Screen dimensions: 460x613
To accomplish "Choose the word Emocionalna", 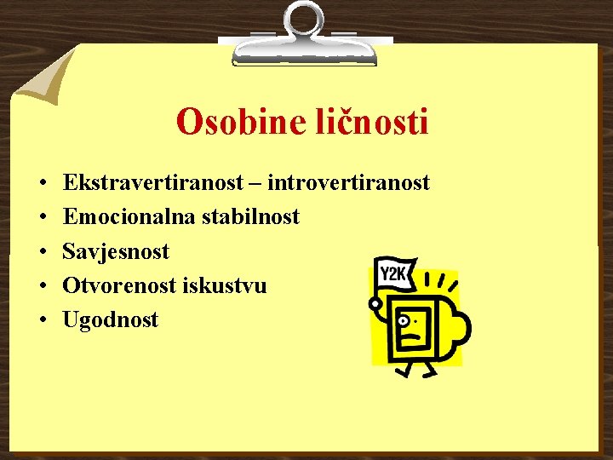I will click(x=129, y=217).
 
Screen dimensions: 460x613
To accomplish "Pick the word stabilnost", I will click(x=251, y=217).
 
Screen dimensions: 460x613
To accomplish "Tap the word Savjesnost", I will click(x=116, y=251).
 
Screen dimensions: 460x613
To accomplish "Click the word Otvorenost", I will click(x=120, y=285).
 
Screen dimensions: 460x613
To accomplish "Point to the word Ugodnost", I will click(x=111, y=320).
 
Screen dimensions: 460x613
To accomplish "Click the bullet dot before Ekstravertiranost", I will click(x=41, y=184).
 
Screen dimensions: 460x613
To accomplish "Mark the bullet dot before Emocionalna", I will click(x=41, y=218).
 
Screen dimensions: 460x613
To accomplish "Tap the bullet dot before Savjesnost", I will click(x=41, y=252).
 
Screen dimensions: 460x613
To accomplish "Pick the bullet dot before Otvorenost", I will click(x=41, y=286).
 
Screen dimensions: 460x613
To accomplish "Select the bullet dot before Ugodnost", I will click(x=41, y=321).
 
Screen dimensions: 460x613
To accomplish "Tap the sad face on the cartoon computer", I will click(x=411, y=328).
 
